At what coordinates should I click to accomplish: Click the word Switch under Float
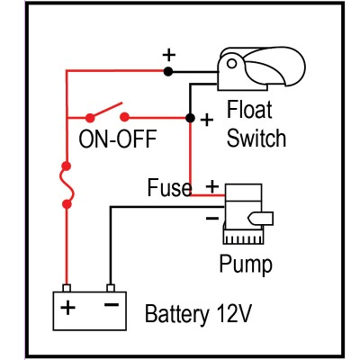[x=256, y=138]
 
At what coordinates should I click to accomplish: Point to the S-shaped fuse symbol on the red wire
[x=67, y=184]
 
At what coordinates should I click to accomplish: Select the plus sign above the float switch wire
[x=167, y=54]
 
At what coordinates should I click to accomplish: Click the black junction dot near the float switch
[x=189, y=117]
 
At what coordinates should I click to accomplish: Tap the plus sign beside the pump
[x=212, y=186]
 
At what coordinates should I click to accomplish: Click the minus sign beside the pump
[x=211, y=217]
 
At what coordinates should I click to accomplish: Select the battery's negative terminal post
[x=110, y=289]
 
